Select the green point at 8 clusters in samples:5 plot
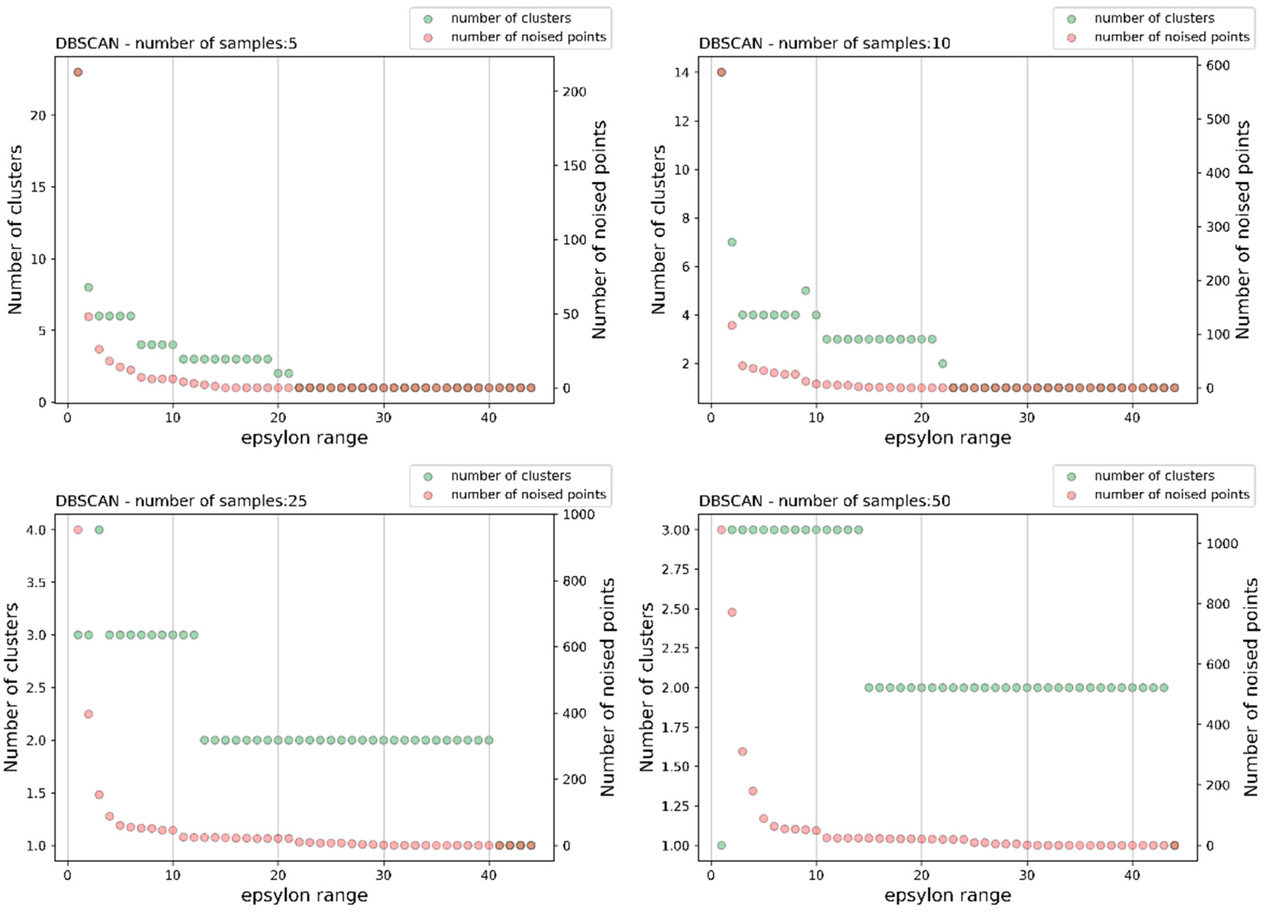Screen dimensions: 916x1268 coord(88,287)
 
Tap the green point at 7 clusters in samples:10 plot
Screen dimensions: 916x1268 coord(732,242)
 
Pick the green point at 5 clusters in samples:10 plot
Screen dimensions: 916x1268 coord(805,291)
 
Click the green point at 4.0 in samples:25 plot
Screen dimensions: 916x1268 coord(99,530)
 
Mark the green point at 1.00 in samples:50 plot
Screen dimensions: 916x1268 coord(721,845)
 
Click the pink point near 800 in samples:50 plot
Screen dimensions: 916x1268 coord(732,612)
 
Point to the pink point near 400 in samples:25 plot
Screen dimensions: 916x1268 coord(88,714)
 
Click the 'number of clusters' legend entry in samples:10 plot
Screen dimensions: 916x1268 coord(1154,19)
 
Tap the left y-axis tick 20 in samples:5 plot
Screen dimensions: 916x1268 coord(38,116)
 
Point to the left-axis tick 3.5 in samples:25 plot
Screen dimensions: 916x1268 coord(36,582)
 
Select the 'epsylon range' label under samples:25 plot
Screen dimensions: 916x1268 coord(304,895)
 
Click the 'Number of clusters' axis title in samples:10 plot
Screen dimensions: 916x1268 coord(659,229)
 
